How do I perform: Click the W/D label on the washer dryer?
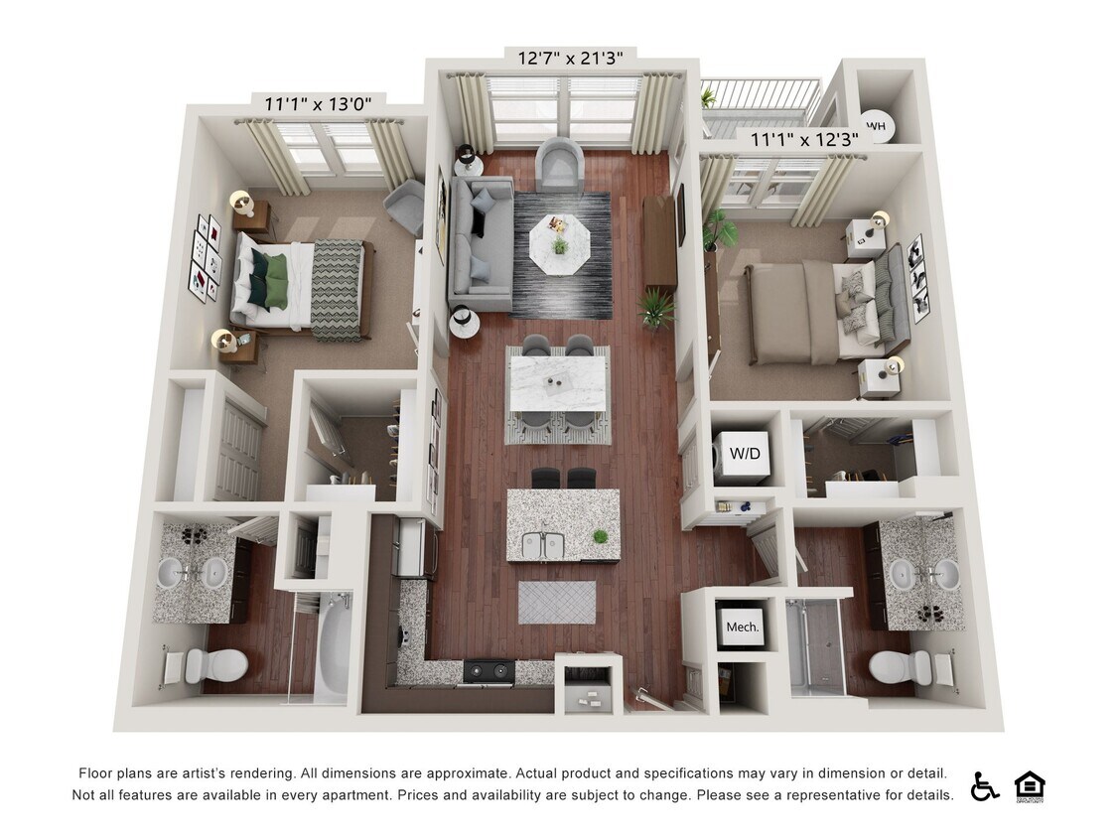tap(745, 453)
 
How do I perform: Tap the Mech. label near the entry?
tap(743, 628)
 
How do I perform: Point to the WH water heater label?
tap(876, 126)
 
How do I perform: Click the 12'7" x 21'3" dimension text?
tap(571, 57)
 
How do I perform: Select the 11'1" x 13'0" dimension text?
tap(319, 104)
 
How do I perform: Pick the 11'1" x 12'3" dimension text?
tap(804, 140)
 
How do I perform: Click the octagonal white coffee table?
tap(560, 244)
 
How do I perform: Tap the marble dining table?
tap(558, 383)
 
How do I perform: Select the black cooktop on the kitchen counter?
tap(489, 670)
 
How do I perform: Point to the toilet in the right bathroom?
tap(902, 667)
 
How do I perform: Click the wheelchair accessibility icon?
tap(984, 786)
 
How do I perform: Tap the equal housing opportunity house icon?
tap(1029, 786)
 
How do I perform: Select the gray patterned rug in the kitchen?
tap(557, 602)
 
